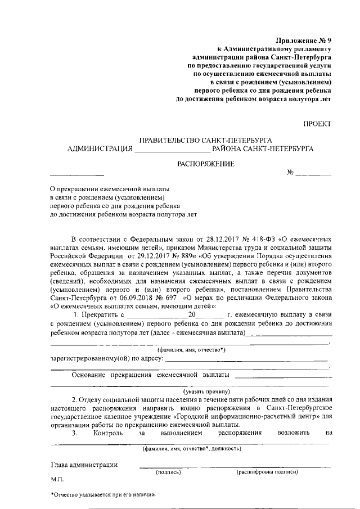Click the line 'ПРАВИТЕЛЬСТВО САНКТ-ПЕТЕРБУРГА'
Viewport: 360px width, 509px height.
[206, 139]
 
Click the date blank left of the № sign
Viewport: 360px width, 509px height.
[77, 174]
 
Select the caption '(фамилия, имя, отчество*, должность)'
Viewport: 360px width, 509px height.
[192, 448]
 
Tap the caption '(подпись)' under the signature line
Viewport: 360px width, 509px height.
[168, 472]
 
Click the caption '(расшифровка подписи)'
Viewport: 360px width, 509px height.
[267, 472]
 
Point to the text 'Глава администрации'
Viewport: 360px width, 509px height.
[84, 465]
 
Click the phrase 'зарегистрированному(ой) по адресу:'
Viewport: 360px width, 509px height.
[107, 358]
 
